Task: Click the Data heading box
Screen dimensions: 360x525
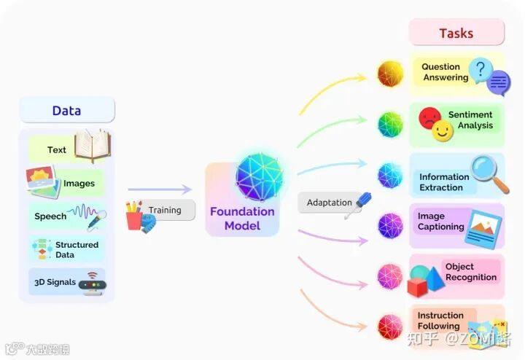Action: pyautogui.click(x=66, y=111)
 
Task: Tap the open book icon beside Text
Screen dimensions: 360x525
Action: pyautogui.click(x=92, y=145)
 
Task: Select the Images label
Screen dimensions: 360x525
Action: pyautogui.click(x=79, y=184)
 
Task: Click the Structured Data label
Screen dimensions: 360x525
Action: pyautogui.click(x=77, y=249)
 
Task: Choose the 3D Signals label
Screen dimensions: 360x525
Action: pyautogui.click(x=55, y=282)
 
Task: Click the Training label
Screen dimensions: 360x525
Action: pyautogui.click(x=165, y=210)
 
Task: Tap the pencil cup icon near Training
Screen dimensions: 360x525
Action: pyautogui.click(x=134, y=216)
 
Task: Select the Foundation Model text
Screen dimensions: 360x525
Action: pyautogui.click(x=242, y=219)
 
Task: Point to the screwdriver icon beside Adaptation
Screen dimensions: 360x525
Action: pyautogui.click(x=357, y=205)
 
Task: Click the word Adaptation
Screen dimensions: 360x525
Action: pyautogui.click(x=329, y=203)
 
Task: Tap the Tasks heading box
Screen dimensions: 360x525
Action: pyautogui.click(x=456, y=33)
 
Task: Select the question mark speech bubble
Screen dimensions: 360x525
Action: pyautogui.click(x=479, y=70)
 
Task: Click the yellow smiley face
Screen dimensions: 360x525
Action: pyautogui.click(x=443, y=131)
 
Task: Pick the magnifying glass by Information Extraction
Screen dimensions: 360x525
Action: pyautogui.click(x=489, y=173)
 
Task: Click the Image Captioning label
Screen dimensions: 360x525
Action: pyautogui.click(x=441, y=222)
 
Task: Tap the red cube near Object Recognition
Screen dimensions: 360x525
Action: pyautogui.click(x=417, y=287)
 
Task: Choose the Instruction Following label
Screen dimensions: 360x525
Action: pyautogui.click(x=439, y=321)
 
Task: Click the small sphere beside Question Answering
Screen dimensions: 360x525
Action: pyautogui.click(x=390, y=74)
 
